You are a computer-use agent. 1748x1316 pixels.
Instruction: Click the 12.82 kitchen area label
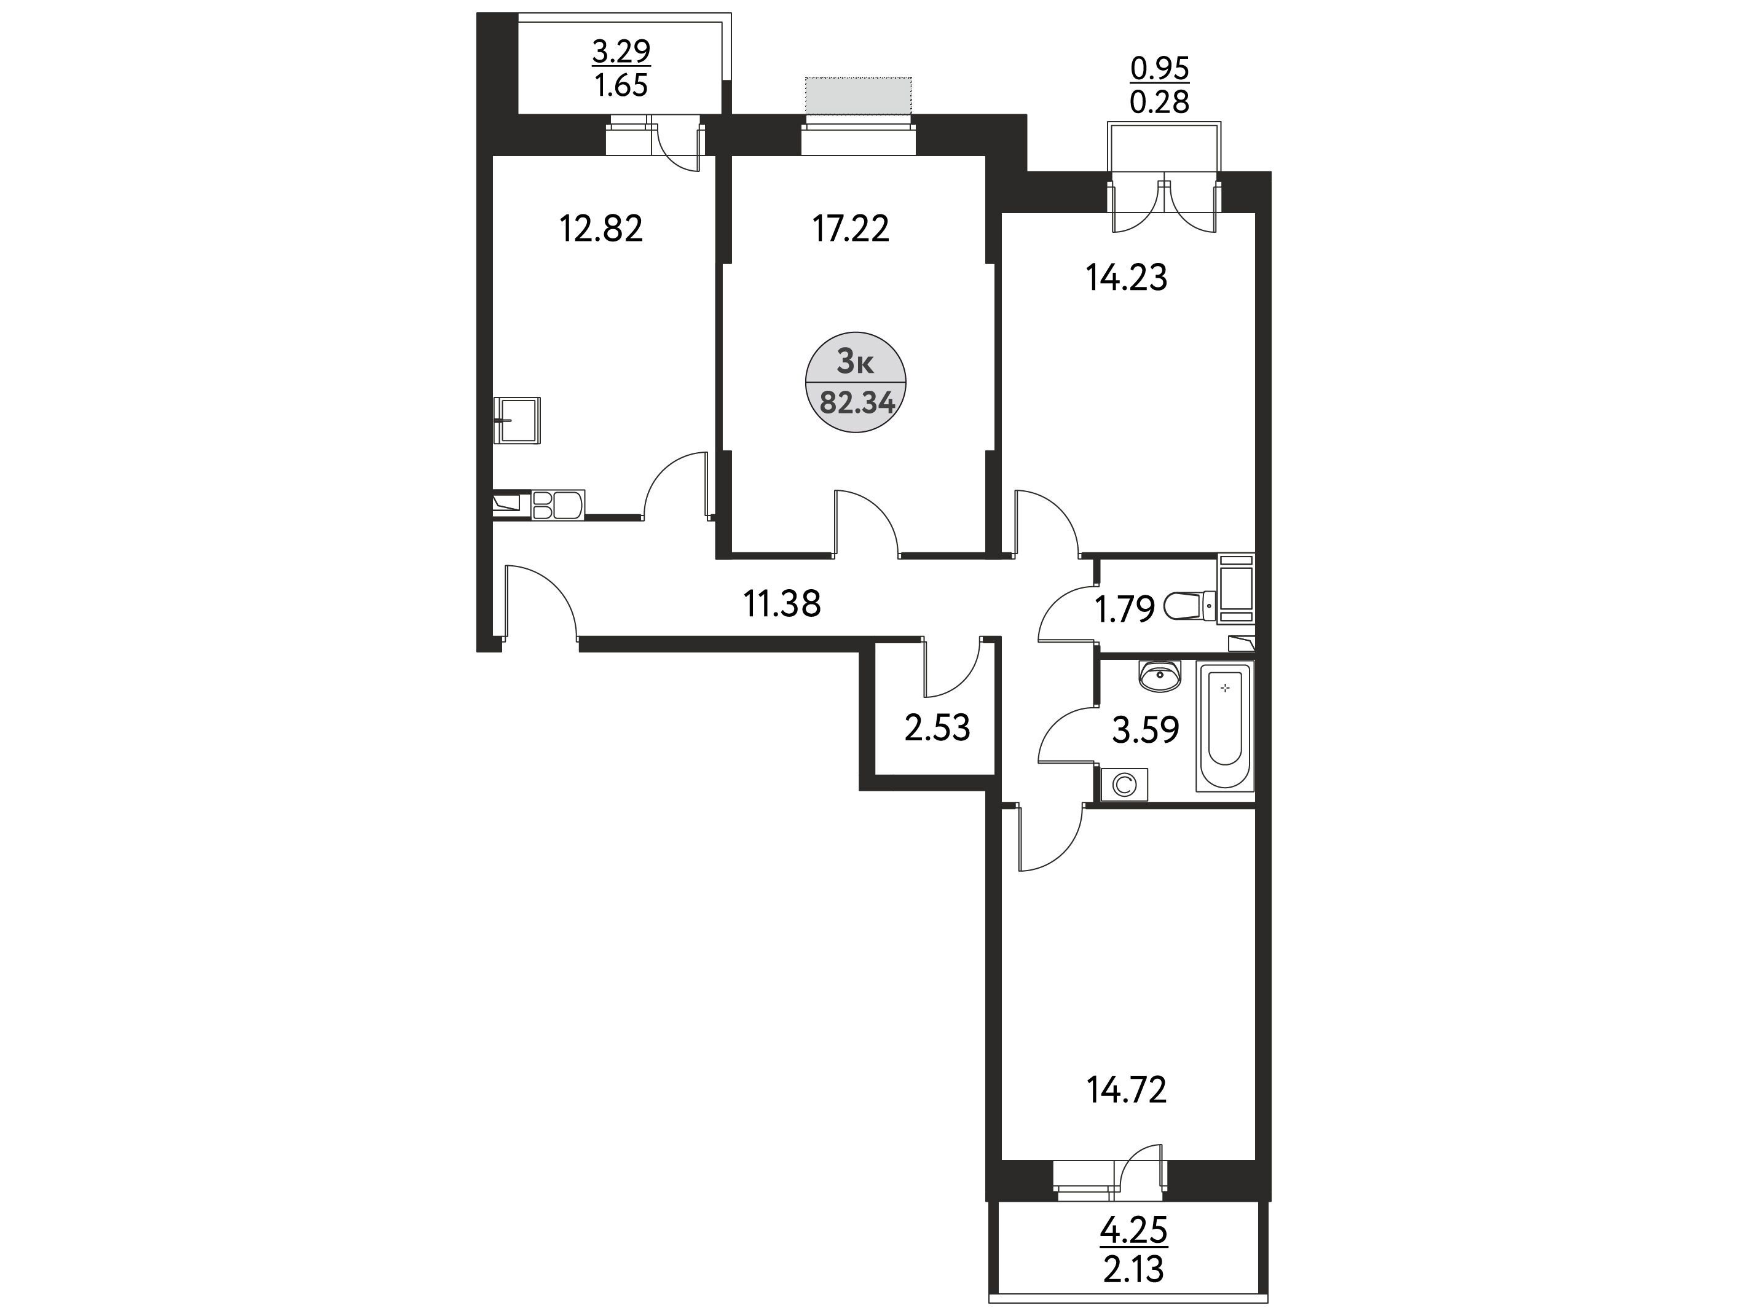600,229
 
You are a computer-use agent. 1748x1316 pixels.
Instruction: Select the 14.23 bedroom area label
1126,278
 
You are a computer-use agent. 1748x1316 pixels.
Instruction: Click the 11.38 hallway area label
782,605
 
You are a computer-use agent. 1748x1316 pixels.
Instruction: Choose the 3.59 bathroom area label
1145,730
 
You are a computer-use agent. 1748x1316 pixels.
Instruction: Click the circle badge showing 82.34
856,382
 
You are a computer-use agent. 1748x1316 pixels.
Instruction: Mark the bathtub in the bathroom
1225,727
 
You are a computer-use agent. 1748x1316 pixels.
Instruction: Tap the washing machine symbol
1124,785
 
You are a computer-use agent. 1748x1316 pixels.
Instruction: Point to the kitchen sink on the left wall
518,420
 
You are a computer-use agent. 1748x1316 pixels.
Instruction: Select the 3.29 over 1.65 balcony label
621,68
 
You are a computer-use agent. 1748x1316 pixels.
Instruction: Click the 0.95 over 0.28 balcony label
1159,85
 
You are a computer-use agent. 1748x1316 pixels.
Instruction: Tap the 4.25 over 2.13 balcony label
1134,1250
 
